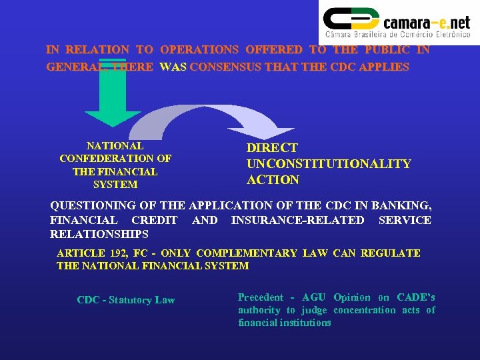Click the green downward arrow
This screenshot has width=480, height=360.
point(113,100)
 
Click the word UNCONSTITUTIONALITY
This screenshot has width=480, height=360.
point(329,164)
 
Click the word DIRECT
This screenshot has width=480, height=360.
point(272,148)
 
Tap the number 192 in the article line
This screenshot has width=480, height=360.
point(117,253)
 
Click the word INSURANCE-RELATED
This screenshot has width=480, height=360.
point(297,220)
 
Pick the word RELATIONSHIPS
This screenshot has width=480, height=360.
point(99,235)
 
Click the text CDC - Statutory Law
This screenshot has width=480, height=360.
point(125,300)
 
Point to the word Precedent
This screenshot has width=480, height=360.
point(261,297)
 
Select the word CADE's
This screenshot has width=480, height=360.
point(415,297)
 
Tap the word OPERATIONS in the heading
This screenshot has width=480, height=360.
point(199,50)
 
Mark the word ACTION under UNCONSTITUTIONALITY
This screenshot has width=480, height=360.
point(273,180)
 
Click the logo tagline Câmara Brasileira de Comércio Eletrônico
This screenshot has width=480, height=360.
point(397,34)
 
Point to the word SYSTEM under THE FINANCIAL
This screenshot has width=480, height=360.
point(115,185)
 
